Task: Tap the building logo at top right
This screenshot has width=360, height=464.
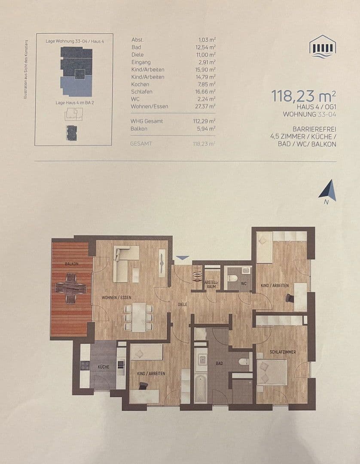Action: tap(323, 46)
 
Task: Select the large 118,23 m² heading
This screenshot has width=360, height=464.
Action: tap(303, 95)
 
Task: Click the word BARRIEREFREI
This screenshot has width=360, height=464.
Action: tap(314, 129)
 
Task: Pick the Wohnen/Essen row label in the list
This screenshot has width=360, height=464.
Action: tap(149, 106)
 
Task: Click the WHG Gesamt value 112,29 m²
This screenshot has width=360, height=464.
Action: tap(204, 121)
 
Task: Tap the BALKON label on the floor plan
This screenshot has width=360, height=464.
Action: tap(71, 264)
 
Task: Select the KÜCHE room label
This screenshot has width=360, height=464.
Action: tap(103, 367)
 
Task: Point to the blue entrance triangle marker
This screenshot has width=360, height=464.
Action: tap(183, 258)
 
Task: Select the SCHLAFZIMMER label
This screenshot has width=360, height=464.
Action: tap(282, 352)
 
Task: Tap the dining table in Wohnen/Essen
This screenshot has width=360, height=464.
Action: tap(138, 317)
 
